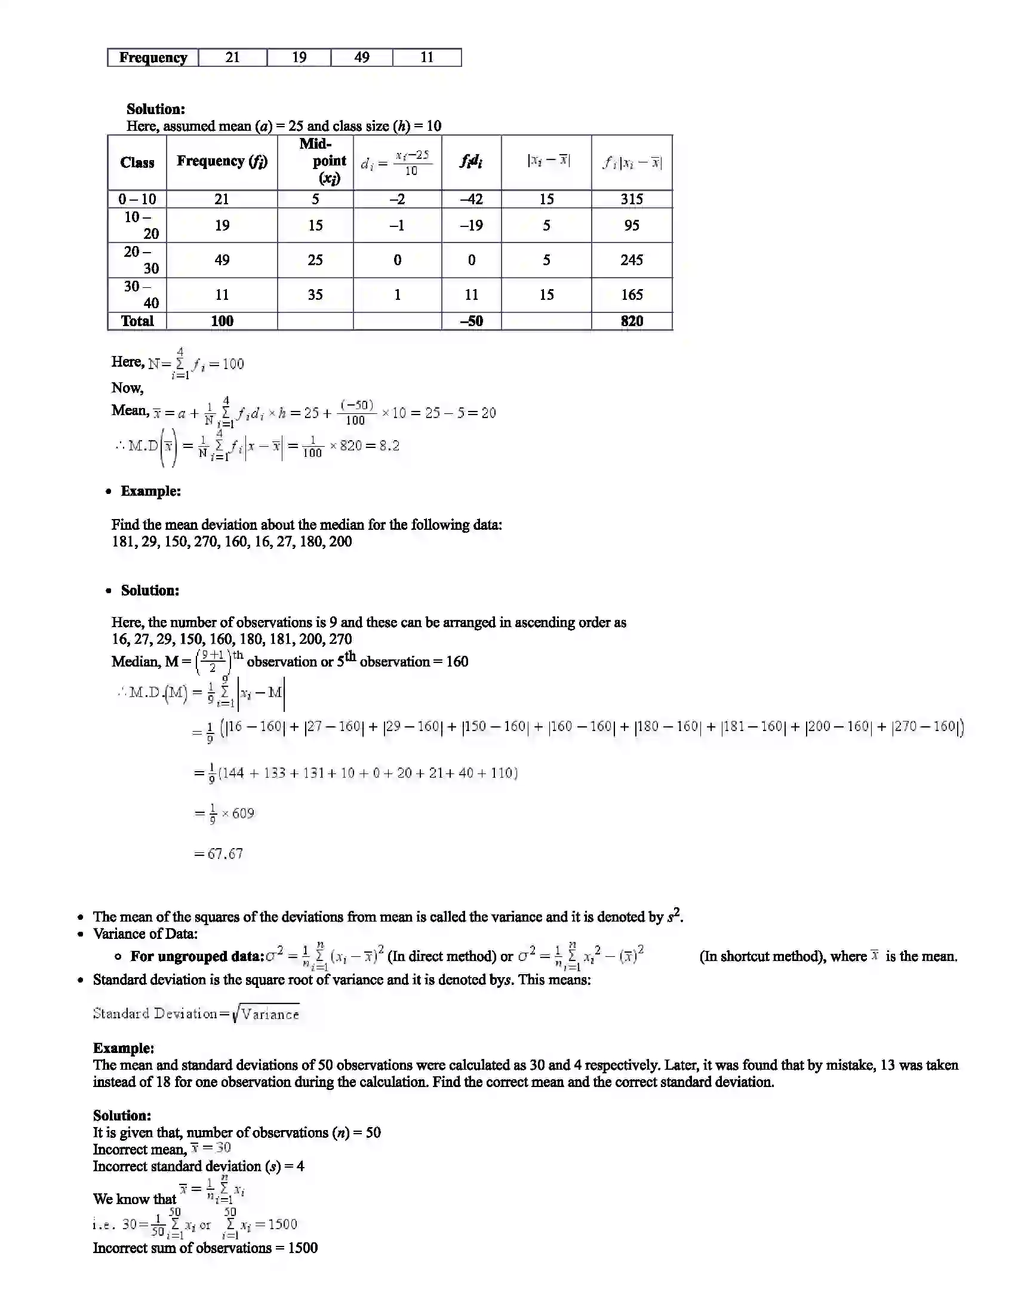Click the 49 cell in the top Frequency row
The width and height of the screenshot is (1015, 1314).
coord(361,57)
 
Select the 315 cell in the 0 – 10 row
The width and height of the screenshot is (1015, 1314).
coord(631,199)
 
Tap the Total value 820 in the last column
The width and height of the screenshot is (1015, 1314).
coord(631,321)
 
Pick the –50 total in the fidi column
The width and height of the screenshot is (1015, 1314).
coord(472,321)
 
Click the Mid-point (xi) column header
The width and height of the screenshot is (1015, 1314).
coord(322,161)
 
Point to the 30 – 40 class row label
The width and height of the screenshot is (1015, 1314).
coord(138,294)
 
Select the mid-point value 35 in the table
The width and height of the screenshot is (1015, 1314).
coord(315,294)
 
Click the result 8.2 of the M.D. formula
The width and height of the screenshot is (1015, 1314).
coord(389,446)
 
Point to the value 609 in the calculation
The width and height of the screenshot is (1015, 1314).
coord(243,813)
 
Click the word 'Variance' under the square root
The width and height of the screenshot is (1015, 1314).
coord(270,1014)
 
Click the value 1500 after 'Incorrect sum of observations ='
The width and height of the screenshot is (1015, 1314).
coord(303,1248)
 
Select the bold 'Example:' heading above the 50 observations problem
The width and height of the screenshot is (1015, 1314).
coord(123,1048)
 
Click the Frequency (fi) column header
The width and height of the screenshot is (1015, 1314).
coord(222,161)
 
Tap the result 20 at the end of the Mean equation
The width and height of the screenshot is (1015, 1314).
coord(488,413)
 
